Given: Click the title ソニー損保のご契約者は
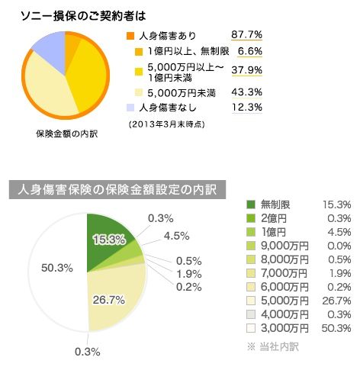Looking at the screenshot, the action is (83, 17).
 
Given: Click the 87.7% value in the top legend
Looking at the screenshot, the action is (246, 34).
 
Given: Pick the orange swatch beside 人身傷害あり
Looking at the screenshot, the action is (130, 36).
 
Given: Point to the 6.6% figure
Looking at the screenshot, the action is (250, 51).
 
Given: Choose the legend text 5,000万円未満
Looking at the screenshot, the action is (182, 93).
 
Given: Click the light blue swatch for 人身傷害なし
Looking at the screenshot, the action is (130, 108).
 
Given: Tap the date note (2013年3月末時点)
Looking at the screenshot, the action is (167, 124).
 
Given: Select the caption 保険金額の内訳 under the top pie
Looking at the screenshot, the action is (67, 134).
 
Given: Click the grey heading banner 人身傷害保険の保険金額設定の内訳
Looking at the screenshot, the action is (117, 190).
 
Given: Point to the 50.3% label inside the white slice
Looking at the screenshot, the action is (57, 268).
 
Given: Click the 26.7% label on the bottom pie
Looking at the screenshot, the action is (108, 300).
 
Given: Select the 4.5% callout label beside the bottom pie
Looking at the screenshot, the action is (176, 236).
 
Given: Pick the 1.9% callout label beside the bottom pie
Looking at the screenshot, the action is (189, 274).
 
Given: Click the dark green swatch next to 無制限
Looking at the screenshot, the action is (251, 204).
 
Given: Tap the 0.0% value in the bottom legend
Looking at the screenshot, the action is (339, 246).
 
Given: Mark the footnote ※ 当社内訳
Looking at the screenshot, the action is (273, 346).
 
